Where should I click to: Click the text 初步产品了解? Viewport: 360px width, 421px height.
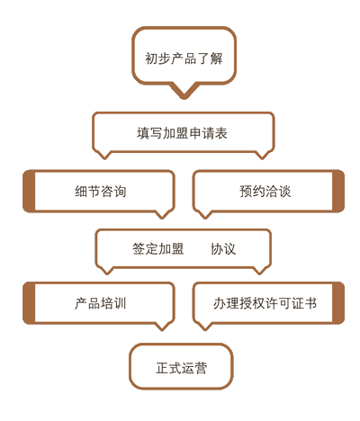[184, 58]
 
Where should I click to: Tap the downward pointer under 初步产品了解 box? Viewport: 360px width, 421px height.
[184, 91]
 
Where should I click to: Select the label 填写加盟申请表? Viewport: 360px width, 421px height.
[182, 133]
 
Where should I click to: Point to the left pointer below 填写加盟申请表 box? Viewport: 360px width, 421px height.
[104, 155]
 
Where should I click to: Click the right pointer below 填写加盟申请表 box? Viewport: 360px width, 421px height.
[262, 155]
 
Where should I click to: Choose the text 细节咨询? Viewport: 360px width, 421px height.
[101, 192]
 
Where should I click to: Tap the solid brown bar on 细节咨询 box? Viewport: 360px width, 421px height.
[29, 192]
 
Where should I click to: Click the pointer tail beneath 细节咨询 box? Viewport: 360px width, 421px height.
[162, 214]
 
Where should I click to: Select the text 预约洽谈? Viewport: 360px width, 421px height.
[265, 192]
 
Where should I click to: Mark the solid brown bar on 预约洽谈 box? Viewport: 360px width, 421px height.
[338, 192]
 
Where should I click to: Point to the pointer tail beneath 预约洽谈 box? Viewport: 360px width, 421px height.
[205, 214]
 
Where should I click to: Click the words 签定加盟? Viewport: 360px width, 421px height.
[158, 248]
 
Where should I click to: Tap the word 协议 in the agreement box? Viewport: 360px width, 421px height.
[223, 248]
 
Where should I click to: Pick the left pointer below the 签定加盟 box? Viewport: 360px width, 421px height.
[107, 270]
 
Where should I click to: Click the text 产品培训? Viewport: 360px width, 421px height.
[101, 303]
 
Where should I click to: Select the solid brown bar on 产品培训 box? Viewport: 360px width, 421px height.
[29, 303]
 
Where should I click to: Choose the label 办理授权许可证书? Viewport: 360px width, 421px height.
[265, 303]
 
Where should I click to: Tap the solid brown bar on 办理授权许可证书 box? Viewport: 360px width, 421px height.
[338, 303]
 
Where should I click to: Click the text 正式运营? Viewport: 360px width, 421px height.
[181, 368]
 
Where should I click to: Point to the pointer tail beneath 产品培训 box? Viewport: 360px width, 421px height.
[162, 327]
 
